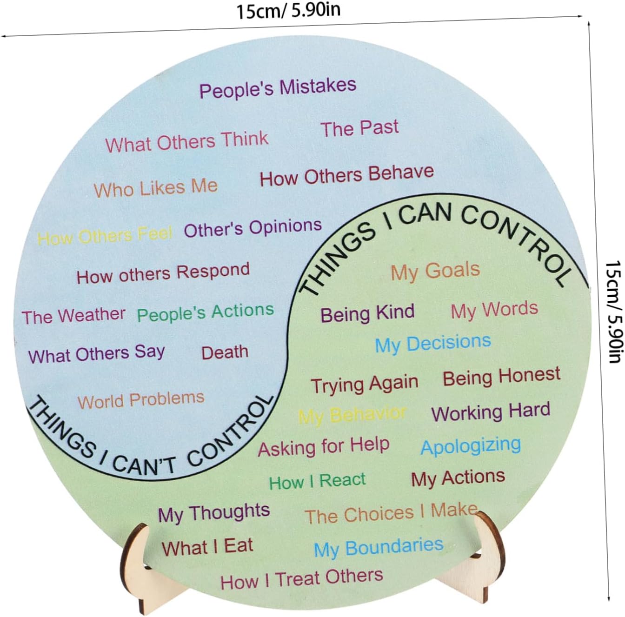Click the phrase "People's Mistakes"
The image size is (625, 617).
pyautogui.click(x=278, y=87)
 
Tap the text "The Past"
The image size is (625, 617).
pyautogui.click(x=359, y=128)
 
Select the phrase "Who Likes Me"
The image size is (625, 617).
pyautogui.click(x=156, y=188)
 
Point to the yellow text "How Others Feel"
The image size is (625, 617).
pyautogui.click(x=105, y=236)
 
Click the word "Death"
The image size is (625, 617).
pyautogui.click(x=225, y=352)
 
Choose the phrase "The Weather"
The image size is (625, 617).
pyautogui.click(x=73, y=316)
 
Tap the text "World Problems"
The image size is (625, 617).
pyautogui.click(x=141, y=400)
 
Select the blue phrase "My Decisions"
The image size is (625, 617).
pyautogui.click(x=433, y=344)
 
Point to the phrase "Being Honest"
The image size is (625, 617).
pyautogui.click(x=501, y=377)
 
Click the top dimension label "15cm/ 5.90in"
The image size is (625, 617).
pyautogui.click(x=288, y=10)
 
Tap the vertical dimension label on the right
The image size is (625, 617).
pyautogui.click(x=613, y=312)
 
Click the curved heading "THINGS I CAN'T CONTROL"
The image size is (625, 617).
pyautogui.click(x=149, y=442)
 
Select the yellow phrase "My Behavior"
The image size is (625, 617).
pyautogui.click(x=352, y=415)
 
